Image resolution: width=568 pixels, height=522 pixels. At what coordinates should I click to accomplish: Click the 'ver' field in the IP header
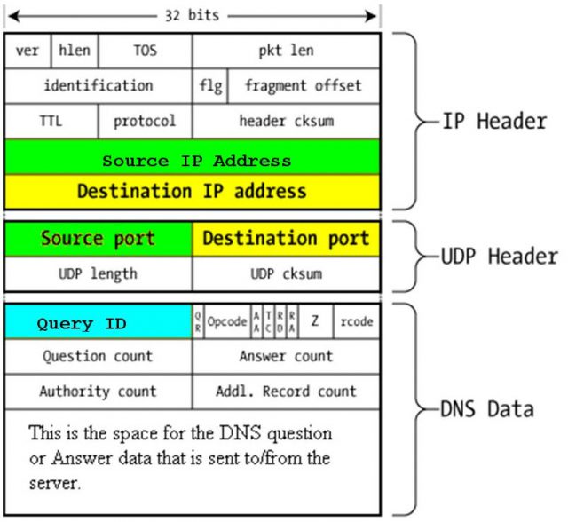coord(28,51)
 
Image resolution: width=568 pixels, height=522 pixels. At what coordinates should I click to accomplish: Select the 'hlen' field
coord(75,51)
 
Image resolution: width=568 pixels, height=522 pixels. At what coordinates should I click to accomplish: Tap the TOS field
coord(145,51)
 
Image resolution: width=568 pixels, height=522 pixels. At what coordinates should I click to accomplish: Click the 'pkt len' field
coord(286,51)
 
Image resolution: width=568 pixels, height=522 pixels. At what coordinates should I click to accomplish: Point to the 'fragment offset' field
coord(304,86)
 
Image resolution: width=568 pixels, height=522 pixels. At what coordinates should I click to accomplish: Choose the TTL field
coord(51,121)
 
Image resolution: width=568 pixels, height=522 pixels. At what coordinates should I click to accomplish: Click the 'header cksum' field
coord(286,121)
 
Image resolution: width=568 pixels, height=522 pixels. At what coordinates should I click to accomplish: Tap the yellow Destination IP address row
coord(193,191)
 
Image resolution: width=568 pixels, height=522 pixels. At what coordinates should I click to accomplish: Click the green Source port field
coord(98,239)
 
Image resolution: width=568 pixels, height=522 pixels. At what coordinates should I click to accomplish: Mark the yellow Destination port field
coord(286,239)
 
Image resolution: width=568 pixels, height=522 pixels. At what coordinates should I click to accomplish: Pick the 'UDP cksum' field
coord(286,273)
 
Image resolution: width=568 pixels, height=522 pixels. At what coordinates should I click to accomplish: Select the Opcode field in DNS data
coord(227,322)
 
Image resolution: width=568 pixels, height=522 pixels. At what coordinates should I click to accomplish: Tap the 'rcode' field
coord(356,322)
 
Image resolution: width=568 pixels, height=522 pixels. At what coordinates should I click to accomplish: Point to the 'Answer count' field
coord(286,357)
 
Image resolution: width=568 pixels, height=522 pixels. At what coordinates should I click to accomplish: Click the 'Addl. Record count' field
coord(286,391)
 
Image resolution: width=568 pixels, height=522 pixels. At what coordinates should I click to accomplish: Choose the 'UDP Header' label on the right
coord(500,257)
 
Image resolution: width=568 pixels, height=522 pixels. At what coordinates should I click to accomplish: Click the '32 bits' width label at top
coord(193,15)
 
